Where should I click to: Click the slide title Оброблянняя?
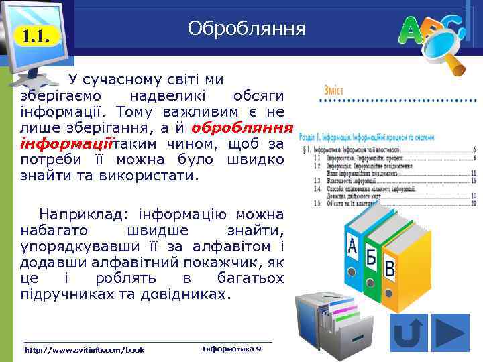247,29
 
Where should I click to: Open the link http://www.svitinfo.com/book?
84,350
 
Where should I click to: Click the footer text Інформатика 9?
231,349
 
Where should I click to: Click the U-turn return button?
409,333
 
